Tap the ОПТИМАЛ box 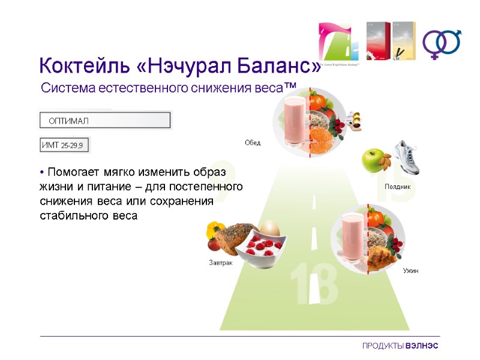click(x=106, y=121)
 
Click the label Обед click(x=253, y=143)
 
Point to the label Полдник click(x=397, y=187)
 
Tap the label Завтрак click(x=220, y=263)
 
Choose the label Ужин click(x=410, y=271)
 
